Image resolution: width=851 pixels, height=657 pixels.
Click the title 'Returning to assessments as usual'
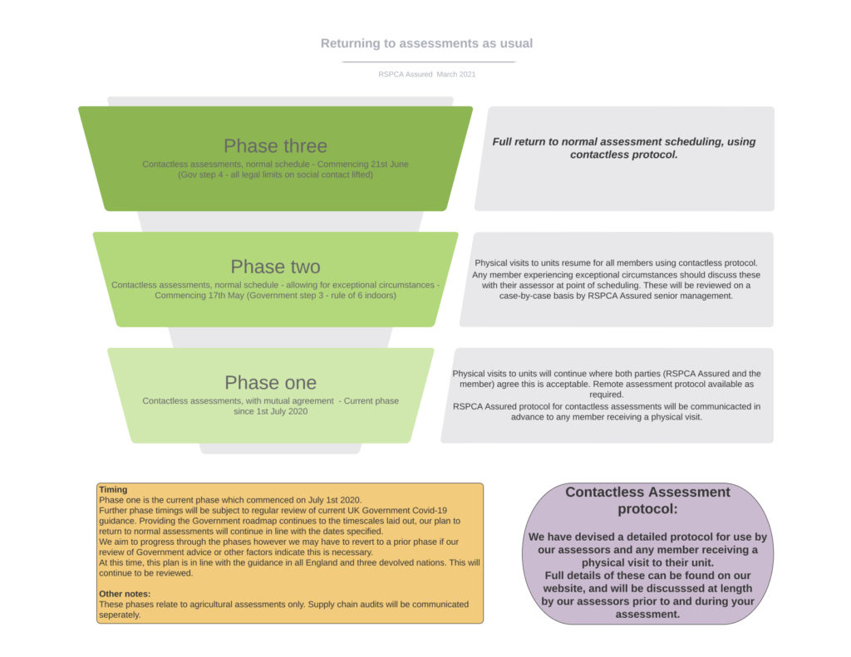pyautogui.click(x=426, y=43)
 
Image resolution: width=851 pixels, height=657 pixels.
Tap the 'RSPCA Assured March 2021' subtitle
pyautogui.click(x=426, y=74)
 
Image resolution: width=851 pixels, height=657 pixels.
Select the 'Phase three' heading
pyautogui.click(x=275, y=146)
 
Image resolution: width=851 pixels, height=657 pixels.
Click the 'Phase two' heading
pyautogui.click(x=275, y=267)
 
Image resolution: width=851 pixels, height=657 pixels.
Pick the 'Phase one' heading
pyautogui.click(x=270, y=382)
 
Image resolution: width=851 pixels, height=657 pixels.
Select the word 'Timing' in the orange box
pyautogui.click(x=113, y=489)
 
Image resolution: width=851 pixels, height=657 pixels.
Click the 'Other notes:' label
pyautogui.click(x=125, y=594)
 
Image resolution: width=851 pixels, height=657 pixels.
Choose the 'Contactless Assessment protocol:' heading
pyautogui.click(x=647, y=500)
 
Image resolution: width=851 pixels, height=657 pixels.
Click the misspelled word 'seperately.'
pyautogui.click(x=120, y=615)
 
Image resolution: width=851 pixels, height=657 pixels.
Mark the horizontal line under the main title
pyautogui.click(x=429, y=61)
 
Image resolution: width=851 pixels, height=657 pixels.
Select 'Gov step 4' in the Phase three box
pyautogui.click(x=200, y=174)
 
